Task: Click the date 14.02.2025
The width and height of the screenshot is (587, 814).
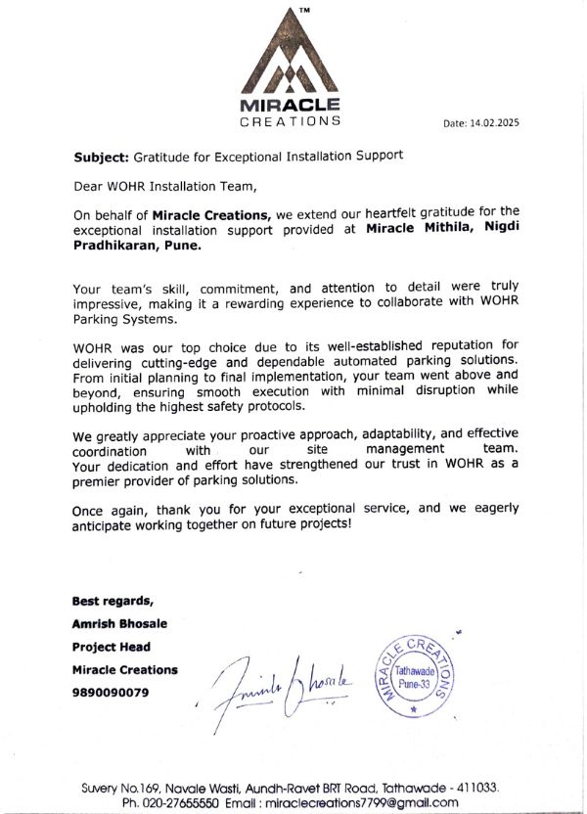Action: pos(494,124)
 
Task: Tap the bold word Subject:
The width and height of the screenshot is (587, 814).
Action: pos(101,156)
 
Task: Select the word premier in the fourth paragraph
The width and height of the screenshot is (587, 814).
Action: pos(104,480)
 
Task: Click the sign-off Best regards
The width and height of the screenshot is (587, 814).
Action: pos(112,600)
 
